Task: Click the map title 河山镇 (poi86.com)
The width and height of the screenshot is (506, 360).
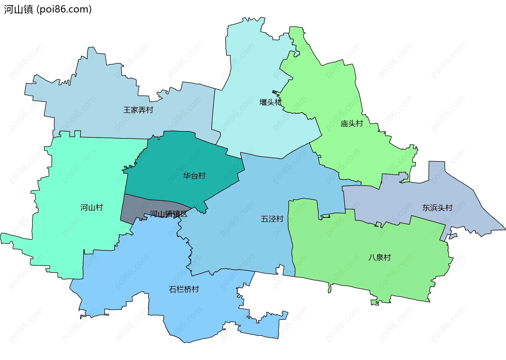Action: (48, 9)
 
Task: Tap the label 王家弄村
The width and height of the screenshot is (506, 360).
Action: (138, 110)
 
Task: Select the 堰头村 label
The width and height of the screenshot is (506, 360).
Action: (270, 102)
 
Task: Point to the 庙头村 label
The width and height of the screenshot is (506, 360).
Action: (352, 123)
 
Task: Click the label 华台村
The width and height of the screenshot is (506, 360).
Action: (194, 176)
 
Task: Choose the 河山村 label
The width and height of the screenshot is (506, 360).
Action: (91, 208)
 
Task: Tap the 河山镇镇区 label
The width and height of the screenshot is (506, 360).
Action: (168, 214)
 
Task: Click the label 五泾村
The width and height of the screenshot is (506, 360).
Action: (272, 219)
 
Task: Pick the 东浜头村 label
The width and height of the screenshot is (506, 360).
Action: (437, 208)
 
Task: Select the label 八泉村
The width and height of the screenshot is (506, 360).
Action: (379, 257)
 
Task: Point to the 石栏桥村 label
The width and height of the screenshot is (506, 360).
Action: (184, 289)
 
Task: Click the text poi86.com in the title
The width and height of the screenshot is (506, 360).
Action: (64, 9)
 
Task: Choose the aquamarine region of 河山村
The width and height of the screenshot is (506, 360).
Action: (79, 171)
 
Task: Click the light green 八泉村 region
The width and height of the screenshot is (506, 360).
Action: (369, 237)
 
